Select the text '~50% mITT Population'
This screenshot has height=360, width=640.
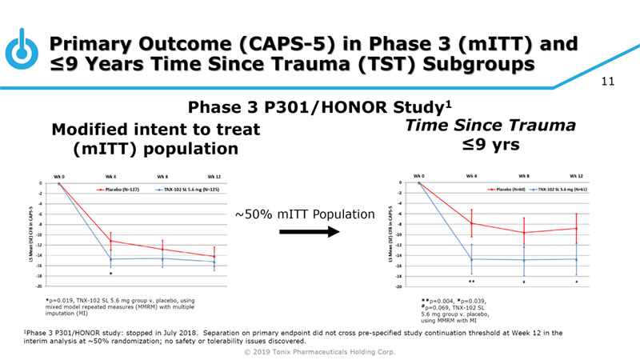(x=304, y=214)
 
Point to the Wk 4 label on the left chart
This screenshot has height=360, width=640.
(x=110, y=174)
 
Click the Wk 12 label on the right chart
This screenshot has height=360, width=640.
(x=577, y=174)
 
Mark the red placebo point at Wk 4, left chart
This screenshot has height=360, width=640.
(x=110, y=241)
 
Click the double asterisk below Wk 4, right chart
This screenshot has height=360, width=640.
(x=472, y=282)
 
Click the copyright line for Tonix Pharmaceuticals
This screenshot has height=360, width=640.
(x=320, y=351)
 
